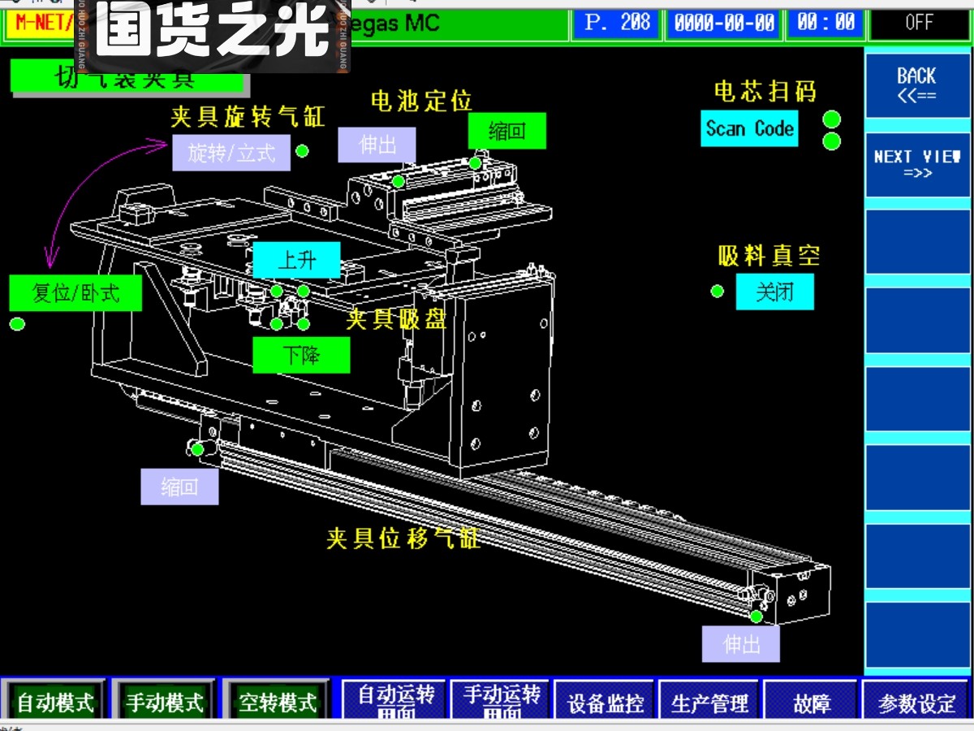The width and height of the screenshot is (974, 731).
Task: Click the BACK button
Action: (916, 84)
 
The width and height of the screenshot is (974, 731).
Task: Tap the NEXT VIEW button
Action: (916, 164)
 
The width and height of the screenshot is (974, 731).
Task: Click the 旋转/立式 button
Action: (231, 153)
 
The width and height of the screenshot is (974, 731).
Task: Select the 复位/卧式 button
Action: (75, 293)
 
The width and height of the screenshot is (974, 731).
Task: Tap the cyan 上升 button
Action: (296, 261)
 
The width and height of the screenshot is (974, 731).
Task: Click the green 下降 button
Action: (301, 355)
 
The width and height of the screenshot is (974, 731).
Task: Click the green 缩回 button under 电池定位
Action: (507, 131)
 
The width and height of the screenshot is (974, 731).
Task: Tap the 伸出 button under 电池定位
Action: (377, 145)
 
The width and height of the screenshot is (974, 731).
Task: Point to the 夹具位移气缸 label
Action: (403, 539)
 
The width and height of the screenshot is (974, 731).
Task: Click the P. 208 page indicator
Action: (617, 23)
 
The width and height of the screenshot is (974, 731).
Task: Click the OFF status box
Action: (919, 23)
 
